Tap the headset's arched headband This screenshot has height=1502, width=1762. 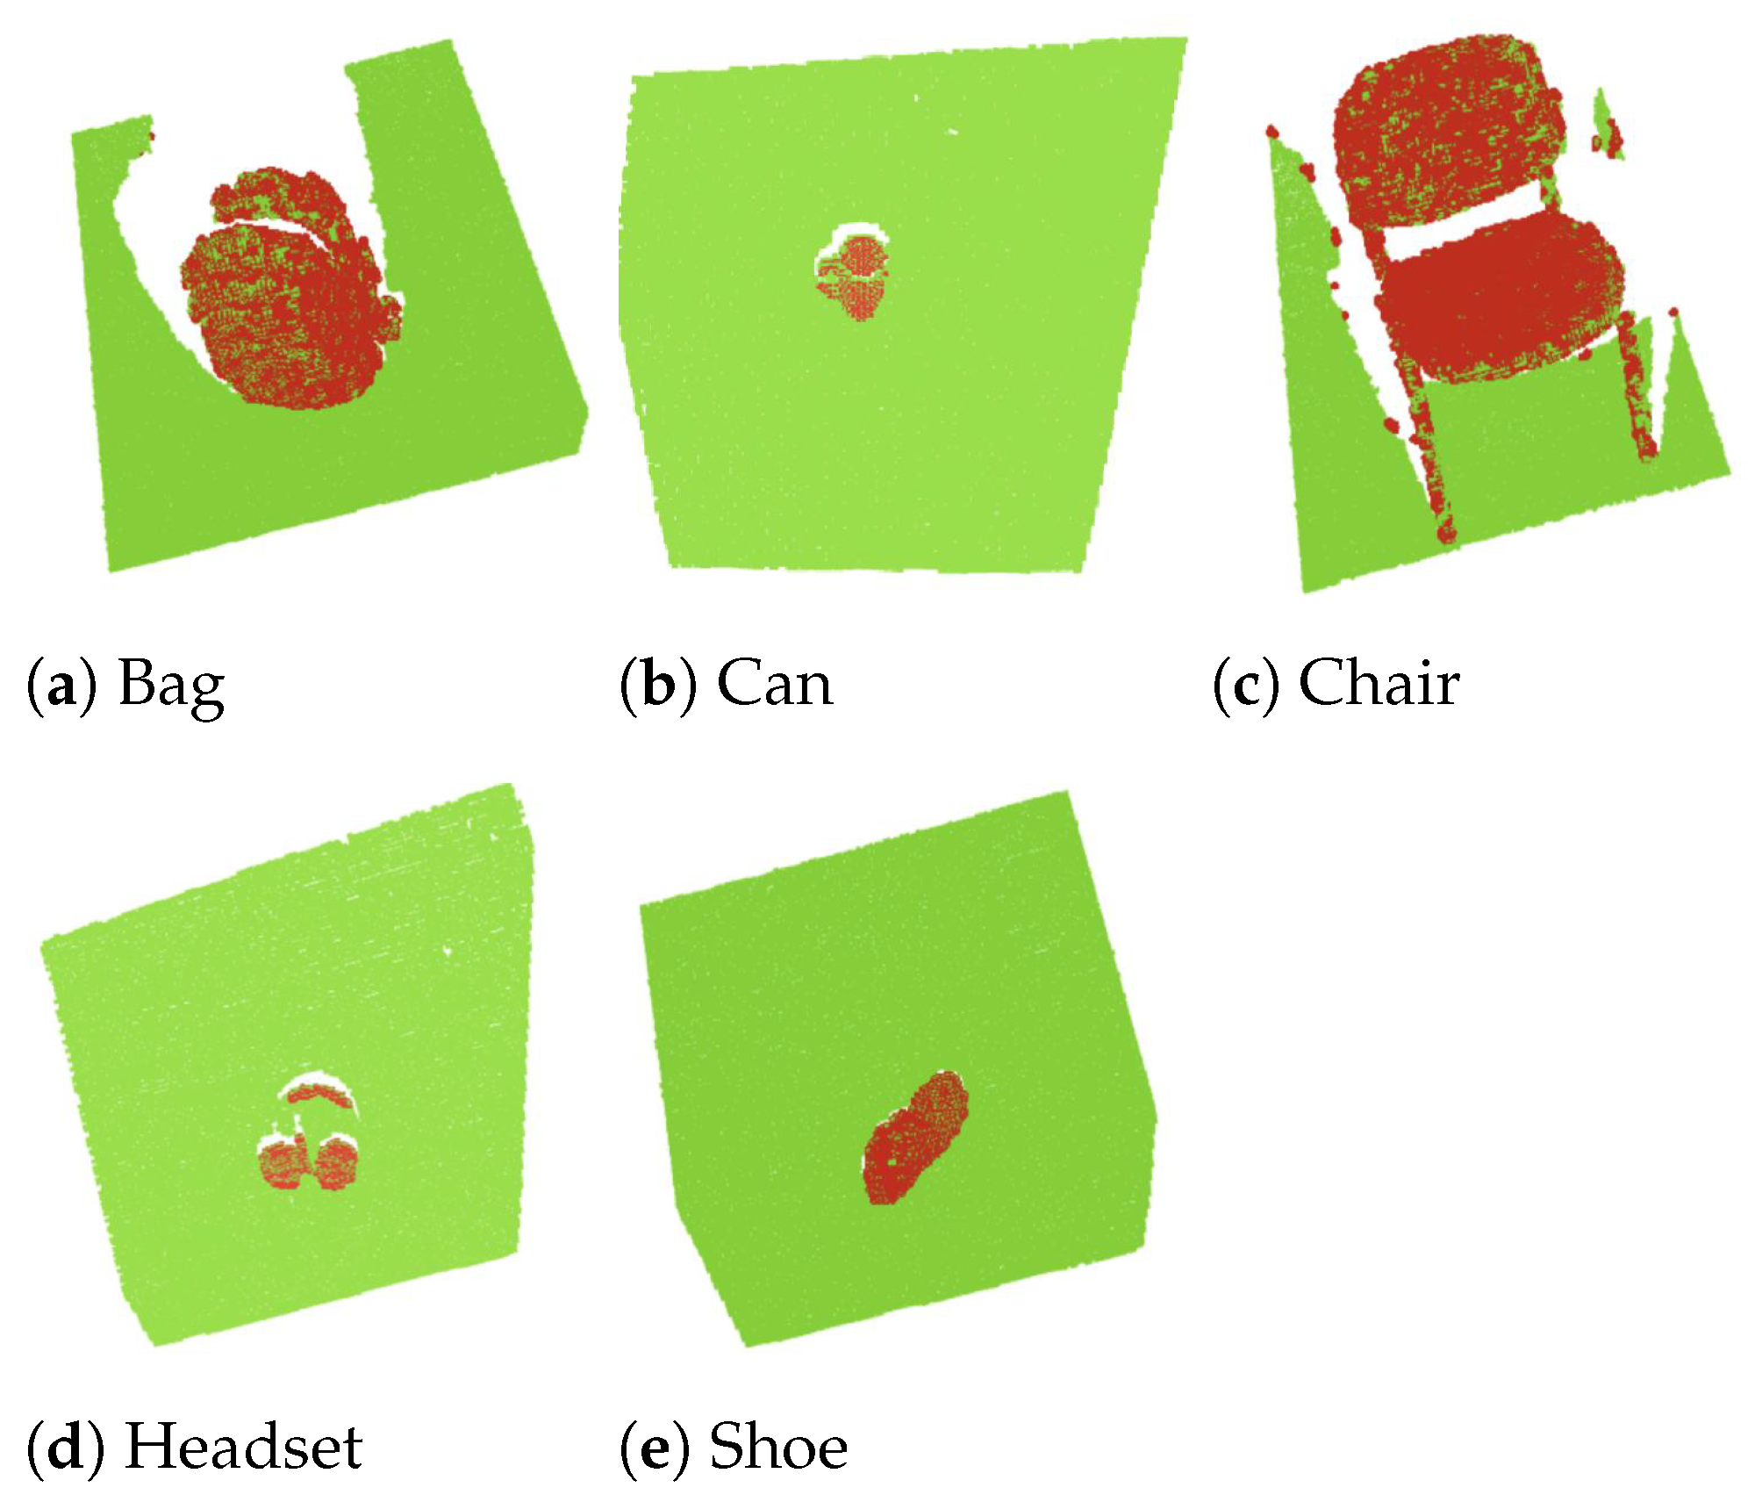pyautogui.click(x=319, y=1093)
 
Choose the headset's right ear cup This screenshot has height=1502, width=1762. pyautogui.click(x=335, y=1164)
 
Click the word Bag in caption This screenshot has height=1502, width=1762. pyautogui.click(x=171, y=685)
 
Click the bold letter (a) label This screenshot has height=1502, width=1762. pyautogui.click(x=61, y=685)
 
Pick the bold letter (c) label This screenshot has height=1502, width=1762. pyautogui.click(x=1245, y=685)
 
